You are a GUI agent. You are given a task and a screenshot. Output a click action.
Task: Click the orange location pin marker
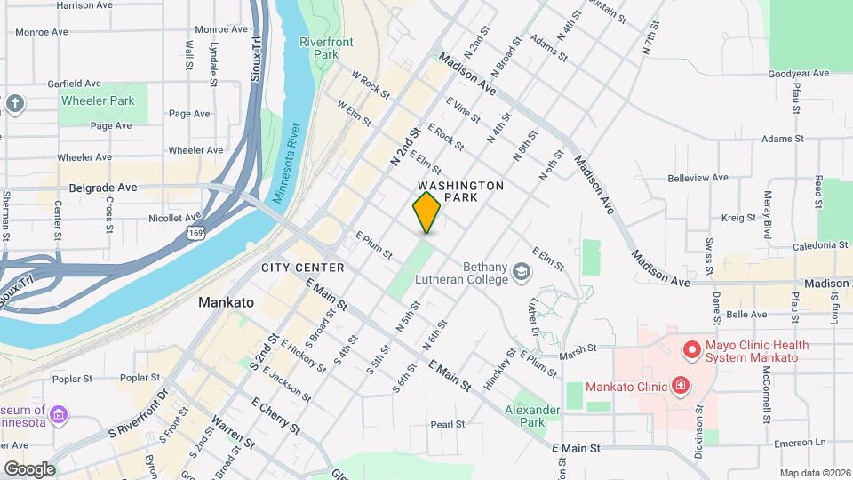click(x=426, y=212)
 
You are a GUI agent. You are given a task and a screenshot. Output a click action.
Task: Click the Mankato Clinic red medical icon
click(x=681, y=386)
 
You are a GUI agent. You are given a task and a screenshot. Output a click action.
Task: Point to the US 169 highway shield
click(x=195, y=232)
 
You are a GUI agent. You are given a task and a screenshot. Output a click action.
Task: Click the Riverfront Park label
click(x=326, y=48)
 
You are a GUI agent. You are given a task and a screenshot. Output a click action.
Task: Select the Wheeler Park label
click(x=98, y=100)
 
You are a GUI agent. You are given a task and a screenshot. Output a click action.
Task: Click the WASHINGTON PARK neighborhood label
click(x=460, y=191)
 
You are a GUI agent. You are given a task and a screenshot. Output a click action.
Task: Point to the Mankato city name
click(x=226, y=302)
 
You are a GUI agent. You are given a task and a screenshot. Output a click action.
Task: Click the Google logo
click(x=29, y=469)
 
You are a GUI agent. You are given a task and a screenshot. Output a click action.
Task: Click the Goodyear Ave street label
click(x=798, y=74)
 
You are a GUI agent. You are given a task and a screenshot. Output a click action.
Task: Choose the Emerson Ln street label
click(x=802, y=442)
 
